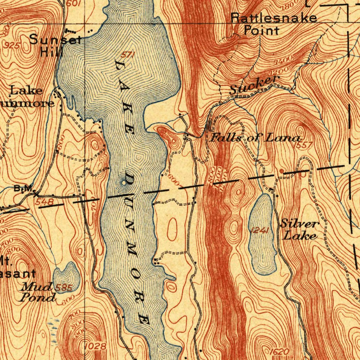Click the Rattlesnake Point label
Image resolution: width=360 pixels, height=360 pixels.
tap(274, 24)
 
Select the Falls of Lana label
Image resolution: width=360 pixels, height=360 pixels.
tap(255, 138)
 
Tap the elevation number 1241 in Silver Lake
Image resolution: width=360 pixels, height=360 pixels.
tap(261, 230)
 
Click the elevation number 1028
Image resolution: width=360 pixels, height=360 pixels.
tap(96, 346)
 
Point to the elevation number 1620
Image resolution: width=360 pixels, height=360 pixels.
tap(280, 352)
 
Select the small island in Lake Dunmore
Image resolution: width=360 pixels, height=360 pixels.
tap(123, 182)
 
